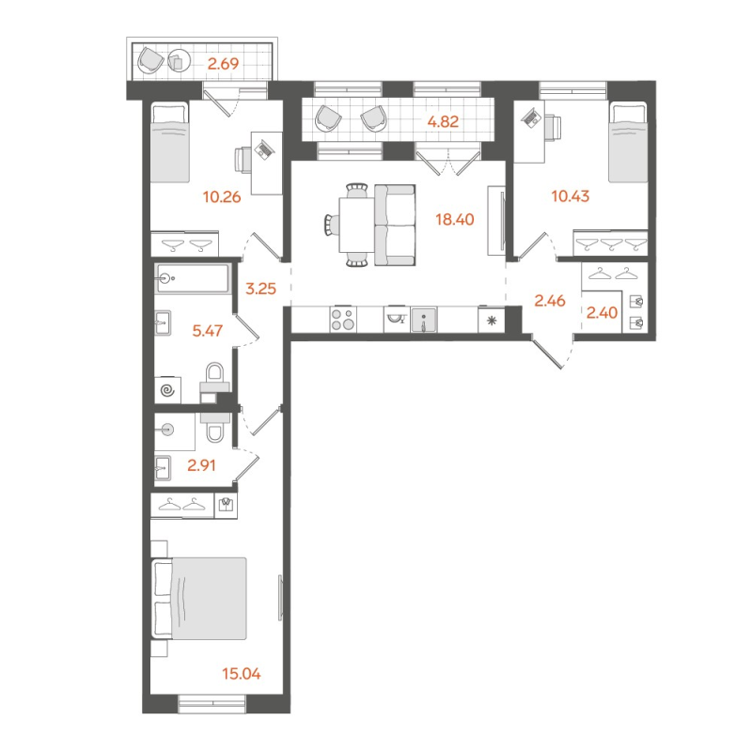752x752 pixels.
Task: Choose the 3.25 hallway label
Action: coord(260,289)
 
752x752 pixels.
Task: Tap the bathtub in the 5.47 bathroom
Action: coord(193,279)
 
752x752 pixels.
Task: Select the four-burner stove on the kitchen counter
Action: coord(342,320)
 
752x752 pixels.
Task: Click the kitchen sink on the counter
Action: coord(425,321)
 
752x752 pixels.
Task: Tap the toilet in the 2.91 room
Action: coord(213,428)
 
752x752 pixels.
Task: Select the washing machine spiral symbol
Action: coord(167,387)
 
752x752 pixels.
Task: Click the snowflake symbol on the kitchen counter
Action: coord(491,321)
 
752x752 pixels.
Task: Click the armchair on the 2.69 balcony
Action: coord(150,61)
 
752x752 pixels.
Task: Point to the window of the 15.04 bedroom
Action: coord(212,698)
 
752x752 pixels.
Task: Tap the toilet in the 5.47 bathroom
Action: coord(214,381)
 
